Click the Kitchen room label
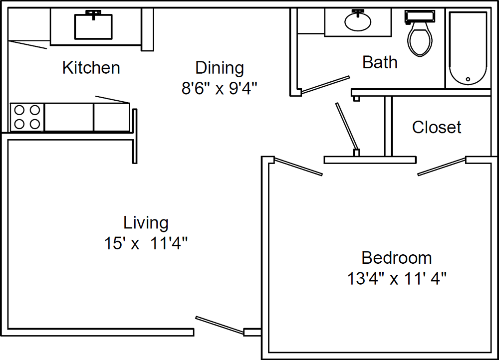point(91,67)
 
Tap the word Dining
point(220,68)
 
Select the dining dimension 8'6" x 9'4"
point(219,88)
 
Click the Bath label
point(380,62)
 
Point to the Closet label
point(437,127)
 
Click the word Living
point(146,223)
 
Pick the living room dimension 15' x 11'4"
point(146,244)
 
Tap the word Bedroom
point(397,258)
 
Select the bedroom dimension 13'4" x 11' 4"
point(397,279)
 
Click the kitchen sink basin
point(93,27)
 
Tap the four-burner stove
point(27,117)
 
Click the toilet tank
point(420,16)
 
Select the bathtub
point(468,48)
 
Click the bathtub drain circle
point(468,79)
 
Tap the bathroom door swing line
point(325,85)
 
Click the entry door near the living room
point(220,325)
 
